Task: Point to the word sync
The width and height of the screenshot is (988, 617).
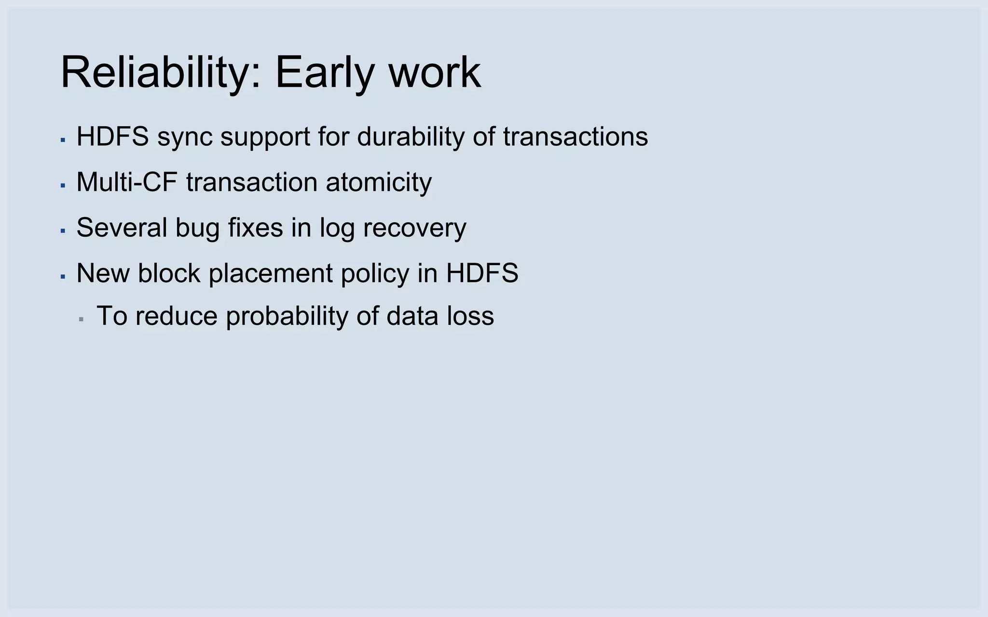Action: [x=185, y=137]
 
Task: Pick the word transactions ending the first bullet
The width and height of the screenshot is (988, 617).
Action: [x=576, y=136]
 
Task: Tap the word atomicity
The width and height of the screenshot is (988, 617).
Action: [x=379, y=182]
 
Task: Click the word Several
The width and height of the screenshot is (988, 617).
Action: [x=122, y=228]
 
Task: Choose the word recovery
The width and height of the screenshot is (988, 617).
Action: [x=414, y=228]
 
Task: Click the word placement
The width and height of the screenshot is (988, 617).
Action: [x=271, y=273]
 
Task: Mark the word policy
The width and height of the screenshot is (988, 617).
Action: [x=375, y=273]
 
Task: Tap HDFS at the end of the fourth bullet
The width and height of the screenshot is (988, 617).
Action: [x=482, y=273]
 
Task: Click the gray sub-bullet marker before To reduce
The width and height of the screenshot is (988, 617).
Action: [x=81, y=319]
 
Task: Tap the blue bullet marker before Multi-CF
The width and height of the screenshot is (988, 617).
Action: [x=63, y=186]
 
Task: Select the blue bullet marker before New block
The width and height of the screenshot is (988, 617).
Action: [x=63, y=277]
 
